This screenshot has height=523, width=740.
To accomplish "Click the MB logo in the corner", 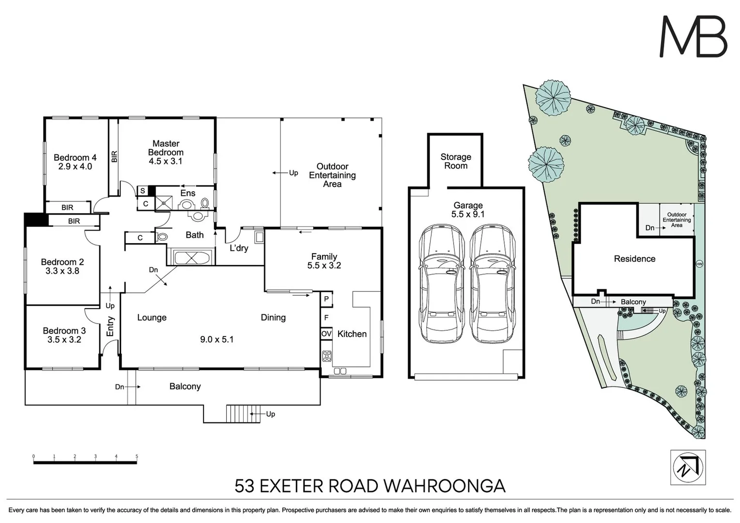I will point(694,37).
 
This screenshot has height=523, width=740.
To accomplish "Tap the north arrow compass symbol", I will point(688,467).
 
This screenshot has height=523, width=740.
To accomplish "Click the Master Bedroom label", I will point(166,148).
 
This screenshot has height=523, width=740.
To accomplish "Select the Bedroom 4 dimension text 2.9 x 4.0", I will point(75,166).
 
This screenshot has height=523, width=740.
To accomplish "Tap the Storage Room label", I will point(455,161).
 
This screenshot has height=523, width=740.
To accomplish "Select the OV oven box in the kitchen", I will point(326,334).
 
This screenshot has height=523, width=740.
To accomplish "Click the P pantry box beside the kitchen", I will point(326,299).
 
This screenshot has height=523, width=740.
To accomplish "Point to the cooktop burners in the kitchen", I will point(327,356).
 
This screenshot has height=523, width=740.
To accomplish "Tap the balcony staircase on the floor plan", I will point(238,414).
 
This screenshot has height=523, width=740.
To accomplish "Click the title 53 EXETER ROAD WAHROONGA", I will point(370,485).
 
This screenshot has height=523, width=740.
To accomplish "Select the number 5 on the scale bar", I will point(137,456).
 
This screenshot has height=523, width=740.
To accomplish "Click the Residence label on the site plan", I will point(634,259).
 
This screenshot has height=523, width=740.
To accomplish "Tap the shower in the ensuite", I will point(164,203).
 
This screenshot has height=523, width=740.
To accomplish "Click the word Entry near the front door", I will point(110,326).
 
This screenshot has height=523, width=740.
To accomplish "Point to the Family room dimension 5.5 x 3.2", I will point(324,265).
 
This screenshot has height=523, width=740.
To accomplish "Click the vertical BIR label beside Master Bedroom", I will point(114,156).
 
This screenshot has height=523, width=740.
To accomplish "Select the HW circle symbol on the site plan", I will point(698,264).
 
